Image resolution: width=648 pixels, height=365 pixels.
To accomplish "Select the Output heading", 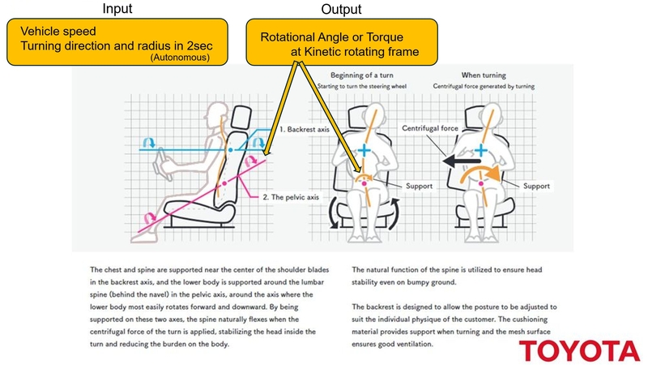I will click(x=342, y=10).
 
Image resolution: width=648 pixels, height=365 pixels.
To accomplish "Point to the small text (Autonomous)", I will click(x=181, y=58).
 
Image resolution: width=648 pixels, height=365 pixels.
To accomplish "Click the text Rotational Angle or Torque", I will click(x=332, y=38).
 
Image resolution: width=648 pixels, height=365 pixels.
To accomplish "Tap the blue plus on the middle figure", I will click(x=364, y=150).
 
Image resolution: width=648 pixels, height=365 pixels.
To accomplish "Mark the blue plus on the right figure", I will click(x=482, y=150).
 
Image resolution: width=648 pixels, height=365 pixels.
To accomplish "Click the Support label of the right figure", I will click(x=537, y=185).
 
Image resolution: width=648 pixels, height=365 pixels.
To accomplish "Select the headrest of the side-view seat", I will click(x=237, y=118).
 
